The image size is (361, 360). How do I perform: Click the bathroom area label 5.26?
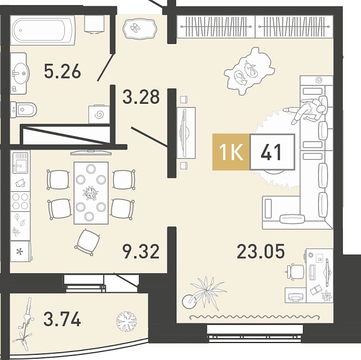63,71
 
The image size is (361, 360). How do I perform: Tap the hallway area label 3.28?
141,97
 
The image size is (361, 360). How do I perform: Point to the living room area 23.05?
261,251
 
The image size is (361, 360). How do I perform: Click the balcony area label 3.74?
62,319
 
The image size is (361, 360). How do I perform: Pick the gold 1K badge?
231,152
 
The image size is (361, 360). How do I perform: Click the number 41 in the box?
271,152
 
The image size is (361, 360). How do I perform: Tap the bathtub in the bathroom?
43,30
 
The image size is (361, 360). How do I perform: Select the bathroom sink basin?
20,73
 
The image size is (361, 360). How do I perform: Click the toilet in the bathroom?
23,109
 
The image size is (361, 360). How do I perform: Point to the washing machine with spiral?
99,114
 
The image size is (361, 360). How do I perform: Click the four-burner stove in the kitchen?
20,201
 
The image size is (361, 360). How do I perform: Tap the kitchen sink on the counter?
20,163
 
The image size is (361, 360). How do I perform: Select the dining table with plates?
91,193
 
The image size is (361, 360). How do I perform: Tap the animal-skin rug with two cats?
249,71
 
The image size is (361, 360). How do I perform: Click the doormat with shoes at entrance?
139,29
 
